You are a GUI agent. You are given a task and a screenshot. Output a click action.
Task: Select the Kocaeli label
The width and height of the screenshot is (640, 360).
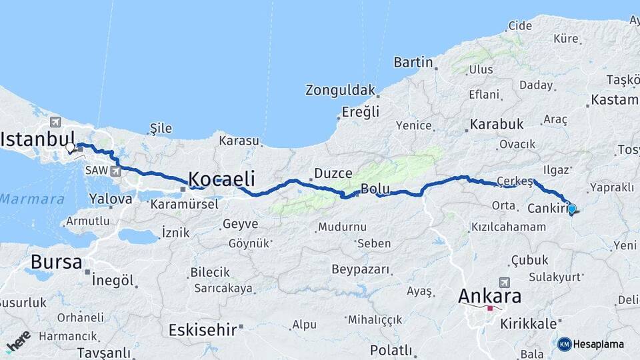point(221,178)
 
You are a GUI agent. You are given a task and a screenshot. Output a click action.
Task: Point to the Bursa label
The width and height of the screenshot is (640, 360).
point(56,261)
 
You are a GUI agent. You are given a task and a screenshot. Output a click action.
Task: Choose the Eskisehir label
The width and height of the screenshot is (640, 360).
point(203,329)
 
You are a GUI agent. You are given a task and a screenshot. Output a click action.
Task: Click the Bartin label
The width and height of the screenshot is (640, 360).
point(413,63)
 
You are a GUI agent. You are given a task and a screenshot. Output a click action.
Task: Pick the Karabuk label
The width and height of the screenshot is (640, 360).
point(497,124)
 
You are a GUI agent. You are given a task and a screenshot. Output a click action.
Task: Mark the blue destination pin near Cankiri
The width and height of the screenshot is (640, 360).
point(571,209)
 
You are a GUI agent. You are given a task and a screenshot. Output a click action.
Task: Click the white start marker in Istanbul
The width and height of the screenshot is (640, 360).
point(70,147)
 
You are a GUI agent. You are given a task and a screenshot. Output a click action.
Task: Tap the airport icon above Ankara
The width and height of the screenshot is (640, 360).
point(503,283)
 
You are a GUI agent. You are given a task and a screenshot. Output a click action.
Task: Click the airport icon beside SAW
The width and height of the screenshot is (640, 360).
point(117,171)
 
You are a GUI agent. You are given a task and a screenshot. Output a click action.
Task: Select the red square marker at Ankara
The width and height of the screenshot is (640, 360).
point(490,308)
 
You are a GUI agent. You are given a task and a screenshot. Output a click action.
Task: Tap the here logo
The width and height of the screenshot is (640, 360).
point(18,341)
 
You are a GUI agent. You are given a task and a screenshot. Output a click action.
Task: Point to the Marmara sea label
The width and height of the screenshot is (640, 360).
point(31,199)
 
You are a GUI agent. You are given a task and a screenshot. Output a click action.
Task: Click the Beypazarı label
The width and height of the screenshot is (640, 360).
point(360,269)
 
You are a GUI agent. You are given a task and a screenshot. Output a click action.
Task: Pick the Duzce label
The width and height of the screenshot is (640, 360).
point(333,173)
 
